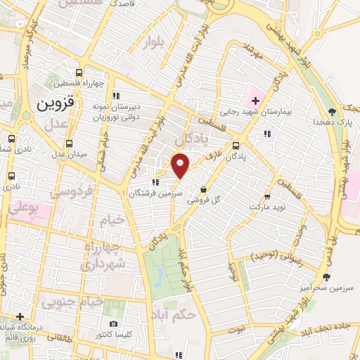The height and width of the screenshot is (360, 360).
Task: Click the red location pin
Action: click(x=181, y=165)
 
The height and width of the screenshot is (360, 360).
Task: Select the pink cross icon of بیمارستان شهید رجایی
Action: click(x=255, y=99)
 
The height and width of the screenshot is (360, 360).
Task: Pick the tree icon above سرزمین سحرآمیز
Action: click(x=326, y=277)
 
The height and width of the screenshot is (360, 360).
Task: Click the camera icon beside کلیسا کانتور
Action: click(x=114, y=323)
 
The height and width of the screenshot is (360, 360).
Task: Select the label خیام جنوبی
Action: click(x=72, y=303)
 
